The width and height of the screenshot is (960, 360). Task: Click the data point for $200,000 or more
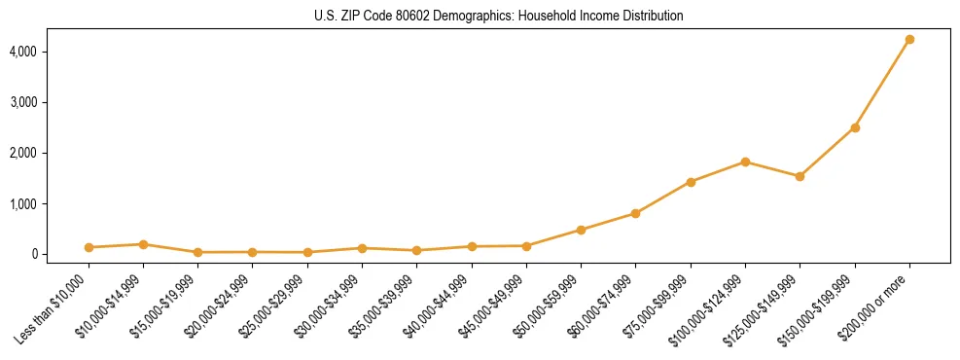click(909, 40)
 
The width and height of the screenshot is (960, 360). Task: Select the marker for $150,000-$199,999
click(855, 127)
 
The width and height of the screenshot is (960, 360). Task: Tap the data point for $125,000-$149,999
click(800, 176)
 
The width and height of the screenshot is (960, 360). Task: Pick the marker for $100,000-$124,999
click(745, 162)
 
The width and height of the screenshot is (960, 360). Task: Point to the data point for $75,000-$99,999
click(691, 182)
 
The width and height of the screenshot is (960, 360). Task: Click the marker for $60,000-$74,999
click(635, 213)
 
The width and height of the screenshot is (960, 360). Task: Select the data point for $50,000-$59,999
click(581, 230)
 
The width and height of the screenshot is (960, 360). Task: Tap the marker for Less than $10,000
click(89, 247)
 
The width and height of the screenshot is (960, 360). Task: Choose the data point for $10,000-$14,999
click(143, 244)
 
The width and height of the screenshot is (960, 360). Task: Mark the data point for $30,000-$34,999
click(253, 248)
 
